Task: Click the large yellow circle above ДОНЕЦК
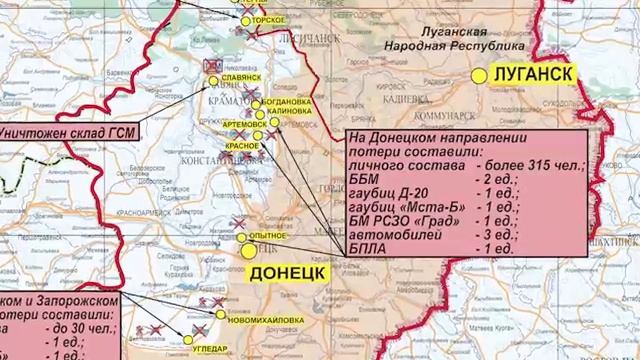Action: (250, 252)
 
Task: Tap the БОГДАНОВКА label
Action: (290, 102)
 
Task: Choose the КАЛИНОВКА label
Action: (290, 112)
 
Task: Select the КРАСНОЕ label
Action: (242, 145)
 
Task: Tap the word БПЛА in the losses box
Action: (368, 246)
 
